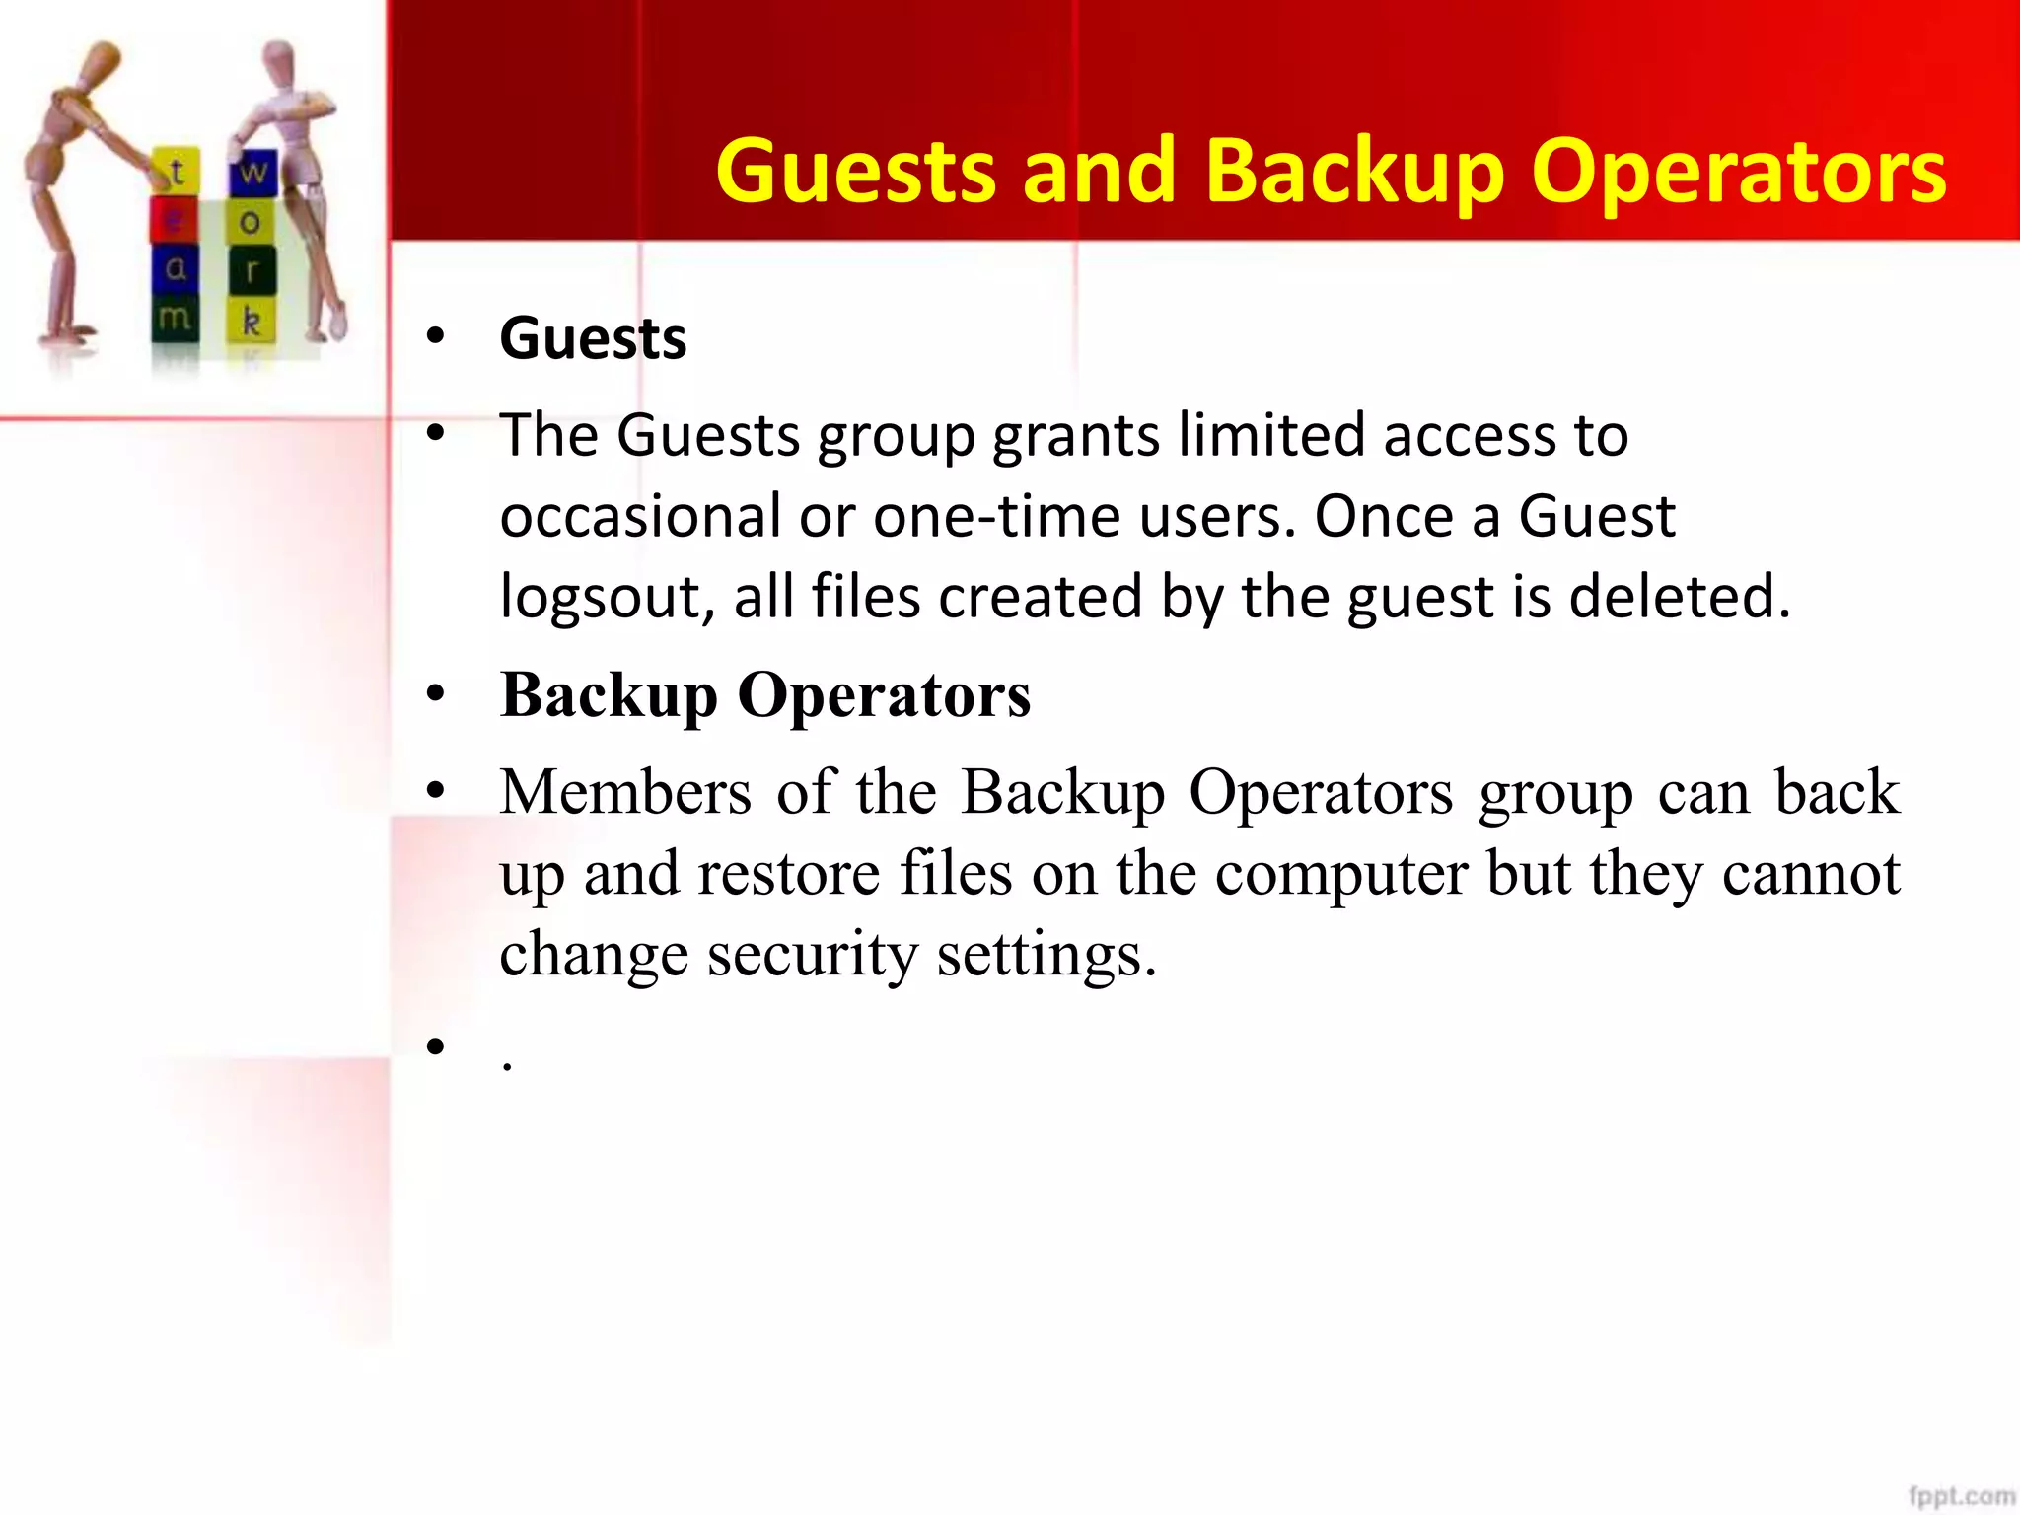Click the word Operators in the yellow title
point(1738,172)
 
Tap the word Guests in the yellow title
point(854,172)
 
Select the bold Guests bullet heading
point(593,339)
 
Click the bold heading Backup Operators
point(765,695)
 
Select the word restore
point(788,873)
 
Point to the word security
point(812,955)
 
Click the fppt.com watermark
point(1961,1495)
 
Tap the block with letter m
point(175,319)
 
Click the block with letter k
point(252,321)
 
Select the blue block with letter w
point(252,173)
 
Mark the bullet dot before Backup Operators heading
point(436,695)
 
